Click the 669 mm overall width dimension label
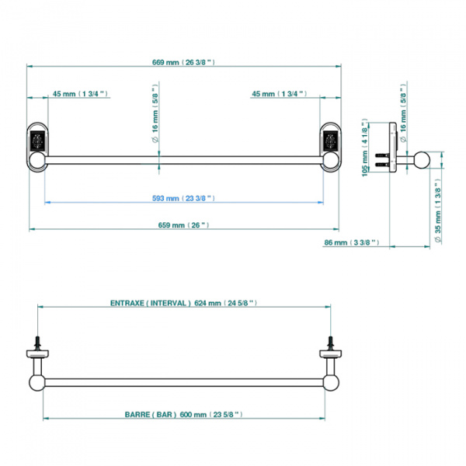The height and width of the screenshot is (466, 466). pos(183,62)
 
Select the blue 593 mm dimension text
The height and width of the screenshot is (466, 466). pos(183,198)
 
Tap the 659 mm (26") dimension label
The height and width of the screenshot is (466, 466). pos(183,225)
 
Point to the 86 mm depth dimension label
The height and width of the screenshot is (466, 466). pos(352,242)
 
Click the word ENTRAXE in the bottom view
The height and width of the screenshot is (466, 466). pos(127,303)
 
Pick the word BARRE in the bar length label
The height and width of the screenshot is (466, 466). pos(137,415)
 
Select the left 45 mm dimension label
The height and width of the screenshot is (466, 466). pos(80,94)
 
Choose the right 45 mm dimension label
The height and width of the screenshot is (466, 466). pos(280,94)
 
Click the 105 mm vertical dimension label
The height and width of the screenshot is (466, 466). pos(365,148)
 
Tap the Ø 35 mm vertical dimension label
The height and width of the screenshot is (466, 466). pos(438,211)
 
